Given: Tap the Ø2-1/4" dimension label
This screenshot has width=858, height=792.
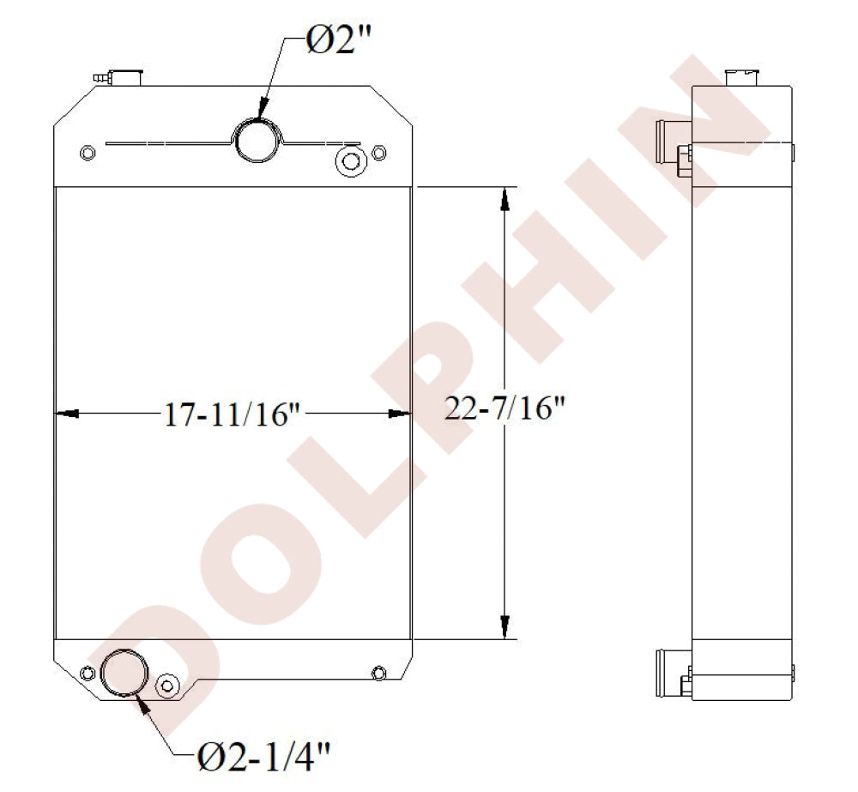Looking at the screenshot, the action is (263, 756).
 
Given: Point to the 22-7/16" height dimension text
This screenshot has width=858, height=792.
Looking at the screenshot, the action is (504, 408).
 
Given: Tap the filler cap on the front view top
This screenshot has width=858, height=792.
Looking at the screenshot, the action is (126, 77).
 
